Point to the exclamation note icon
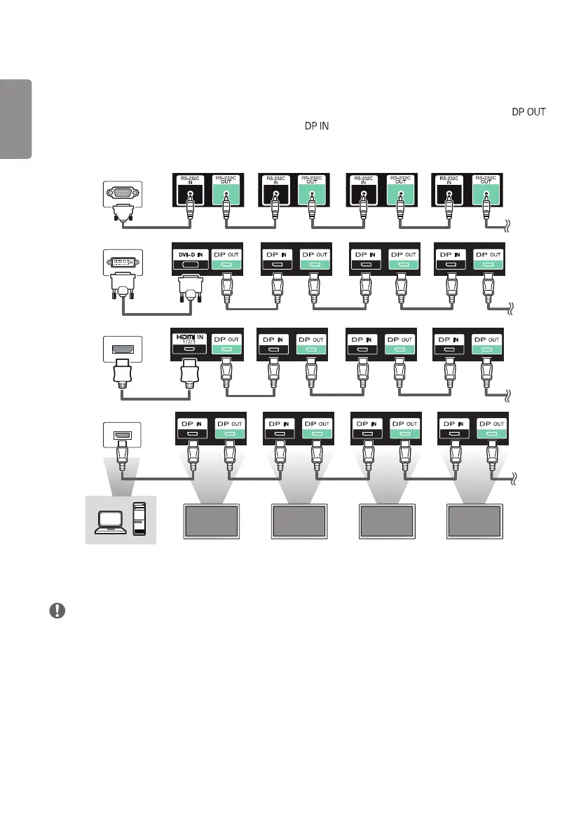57,611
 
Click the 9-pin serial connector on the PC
122,190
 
